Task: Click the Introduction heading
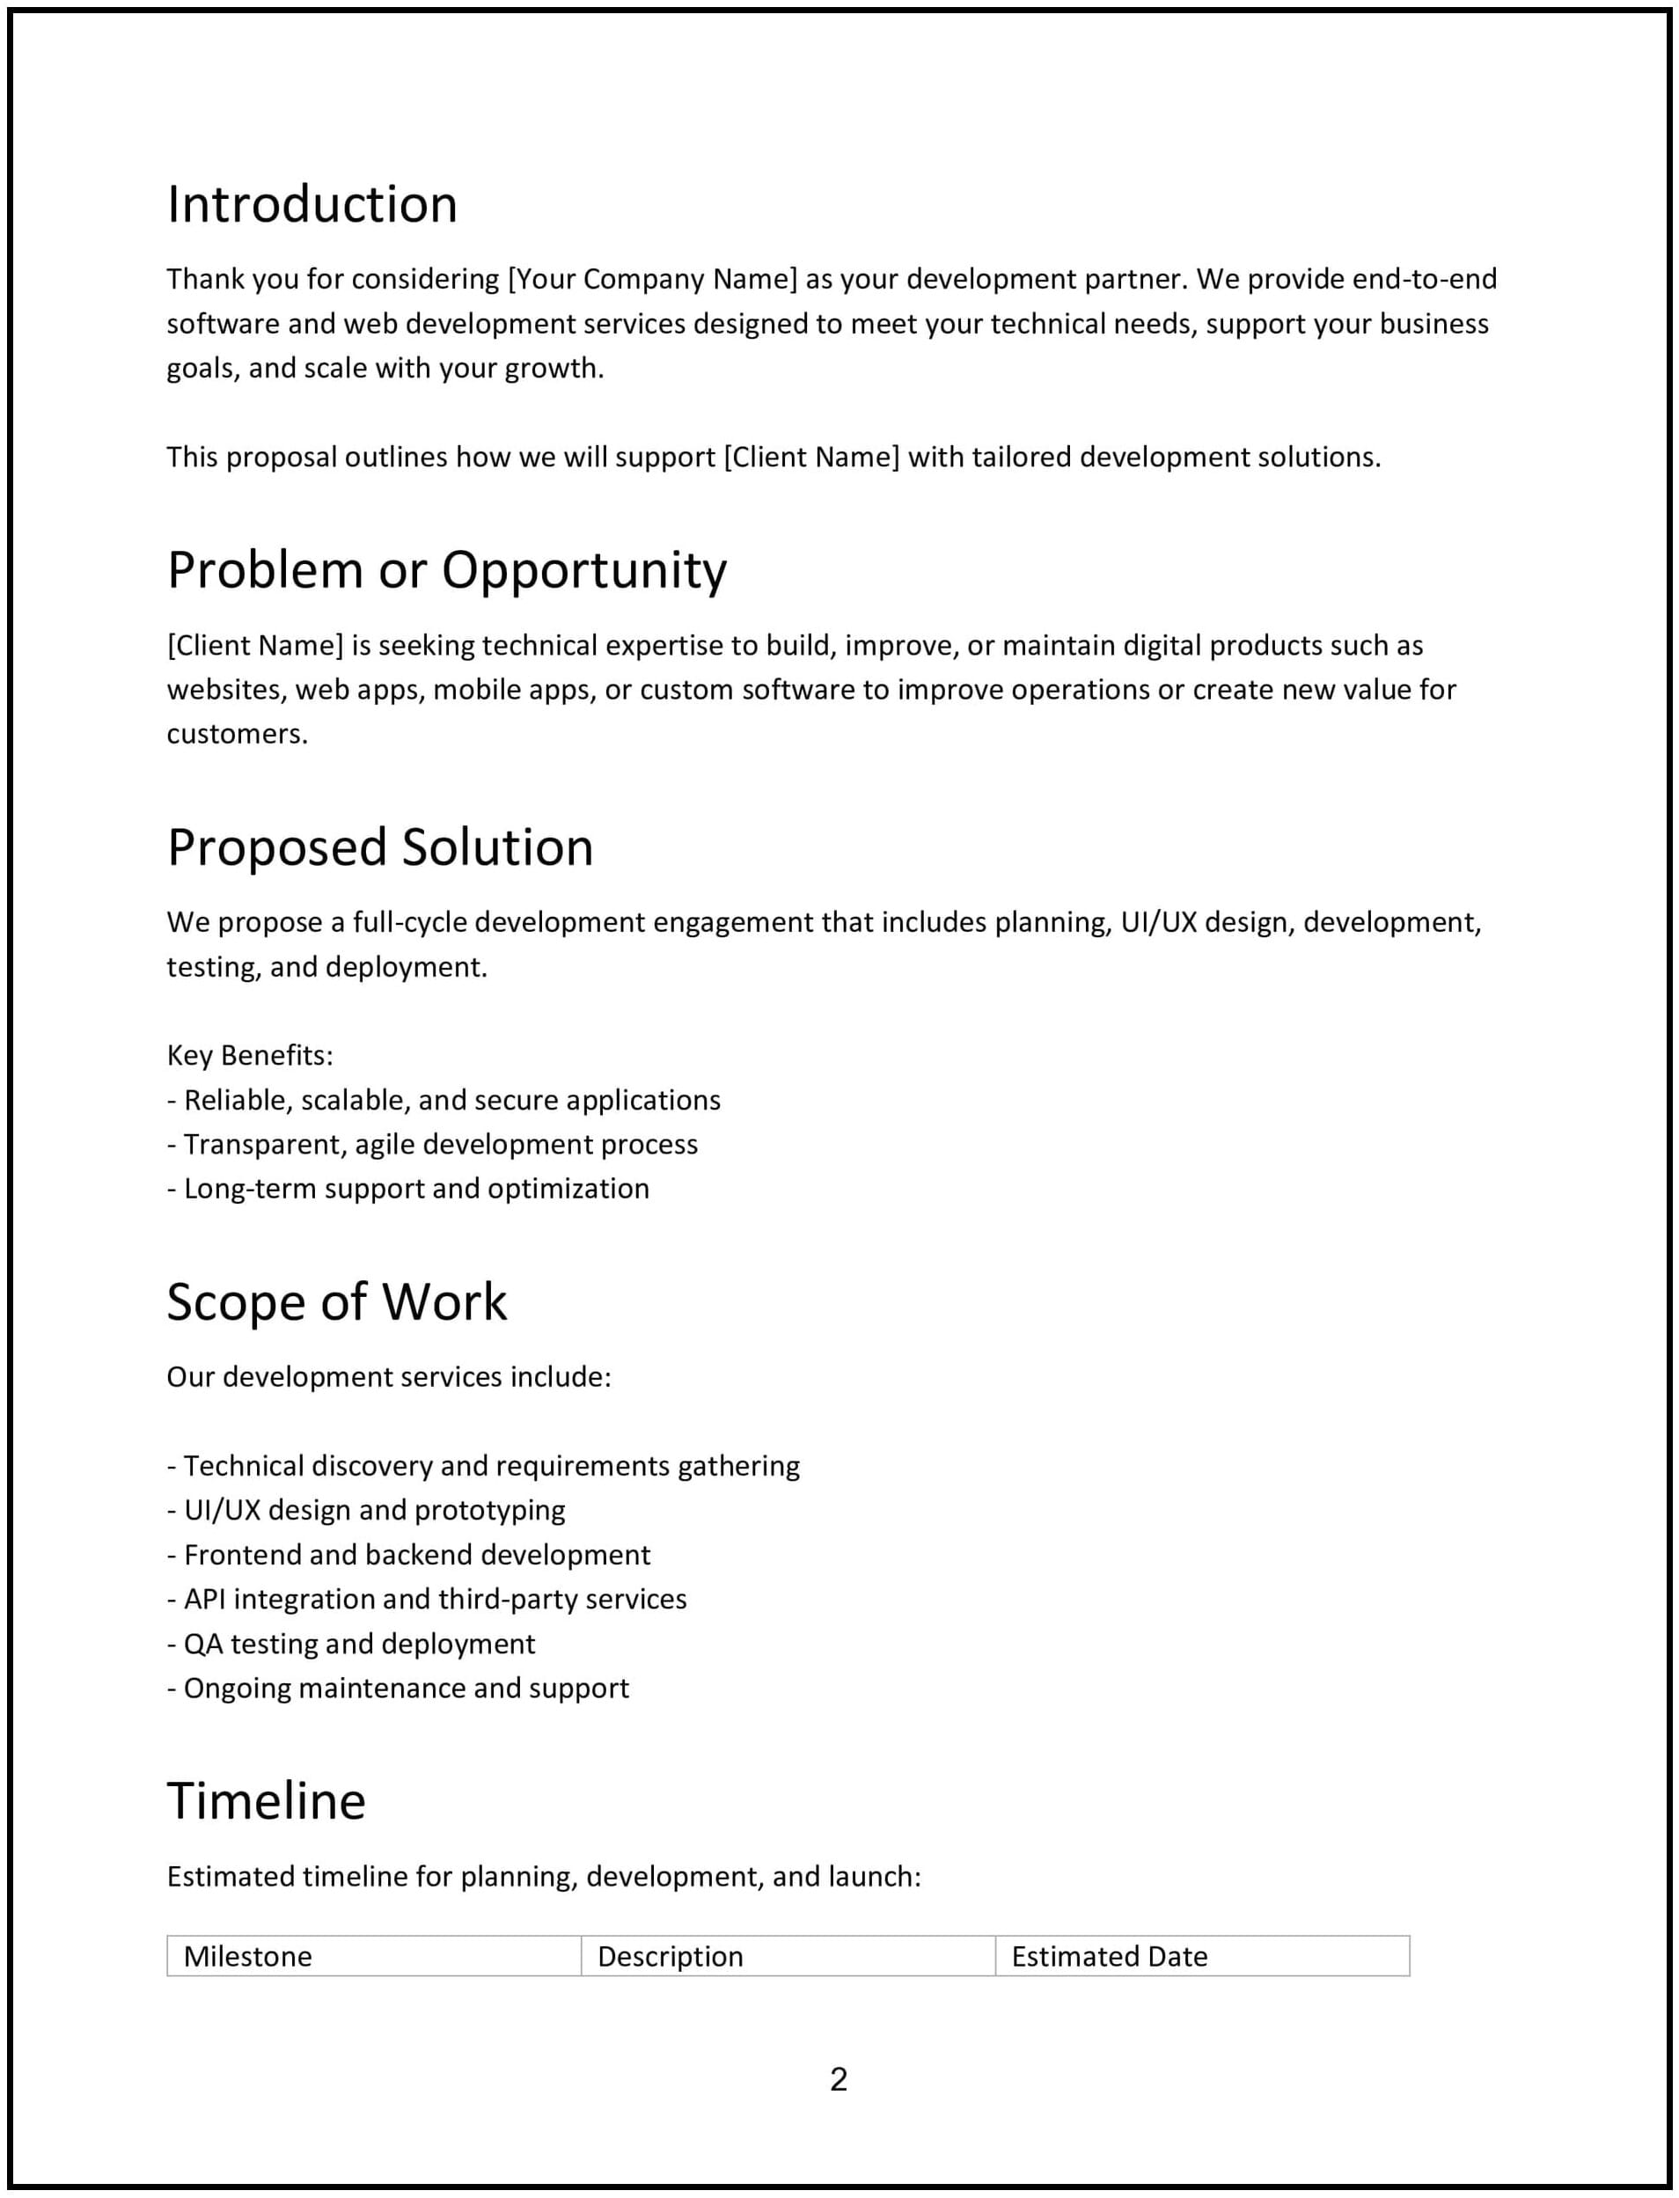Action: [312, 205]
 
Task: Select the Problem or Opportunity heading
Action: [447, 570]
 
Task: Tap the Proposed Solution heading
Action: [380, 847]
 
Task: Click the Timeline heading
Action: [266, 1800]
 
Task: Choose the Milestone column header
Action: [248, 1955]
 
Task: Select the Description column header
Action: [670, 1955]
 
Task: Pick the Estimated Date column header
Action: [1110, 1955]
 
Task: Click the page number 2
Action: [839, 2078]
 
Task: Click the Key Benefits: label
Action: [250, 1055]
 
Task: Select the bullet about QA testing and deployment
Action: [351, 1644]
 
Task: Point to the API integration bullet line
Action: [427, 1599]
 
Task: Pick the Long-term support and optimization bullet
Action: [407, 1188]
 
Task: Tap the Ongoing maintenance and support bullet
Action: [398, 1688]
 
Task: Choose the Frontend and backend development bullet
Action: [409, 1555]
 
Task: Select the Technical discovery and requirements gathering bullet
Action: [484, 1466]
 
